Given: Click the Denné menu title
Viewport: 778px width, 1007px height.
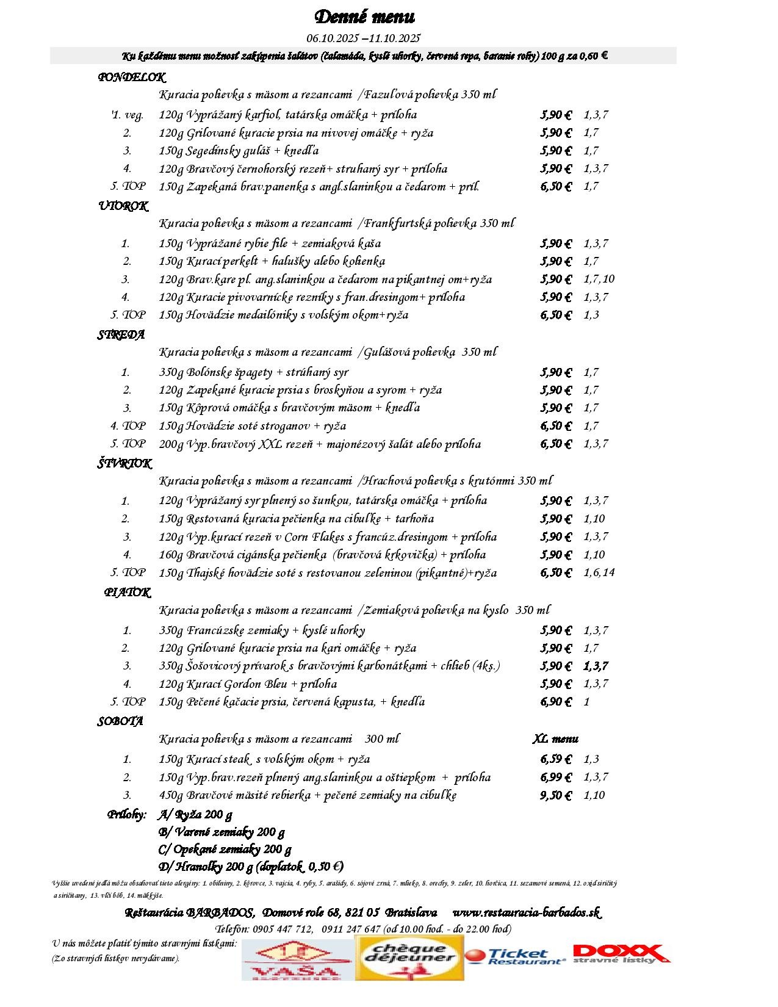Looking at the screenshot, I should coord(364,16).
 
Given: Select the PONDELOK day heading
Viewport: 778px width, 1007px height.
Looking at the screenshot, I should coord(131,78).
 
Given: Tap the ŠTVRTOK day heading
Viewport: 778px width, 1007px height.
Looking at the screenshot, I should coord(124,464).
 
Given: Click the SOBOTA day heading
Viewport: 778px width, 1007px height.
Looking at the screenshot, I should coord(120,721).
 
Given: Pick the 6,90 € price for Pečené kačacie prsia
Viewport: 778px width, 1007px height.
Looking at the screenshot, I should coord(555,702).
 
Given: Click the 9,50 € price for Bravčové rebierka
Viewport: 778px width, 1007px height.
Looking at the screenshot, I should coord(555,795).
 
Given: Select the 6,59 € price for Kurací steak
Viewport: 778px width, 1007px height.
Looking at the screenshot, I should coord(555,759).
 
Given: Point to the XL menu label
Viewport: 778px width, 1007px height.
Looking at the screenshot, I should coord(555,739).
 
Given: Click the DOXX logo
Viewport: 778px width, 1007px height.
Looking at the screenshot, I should coord(619,954).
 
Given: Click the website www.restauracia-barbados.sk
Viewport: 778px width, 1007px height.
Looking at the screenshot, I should coord(526,912).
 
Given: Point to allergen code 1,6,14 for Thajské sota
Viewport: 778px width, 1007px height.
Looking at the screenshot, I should coord(599,572).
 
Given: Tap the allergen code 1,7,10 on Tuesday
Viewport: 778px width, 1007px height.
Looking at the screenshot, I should coord(599,279).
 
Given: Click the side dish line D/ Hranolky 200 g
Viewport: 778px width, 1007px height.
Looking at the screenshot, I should coord(250,866).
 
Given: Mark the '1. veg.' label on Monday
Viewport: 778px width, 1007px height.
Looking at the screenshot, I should coord(127,115).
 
